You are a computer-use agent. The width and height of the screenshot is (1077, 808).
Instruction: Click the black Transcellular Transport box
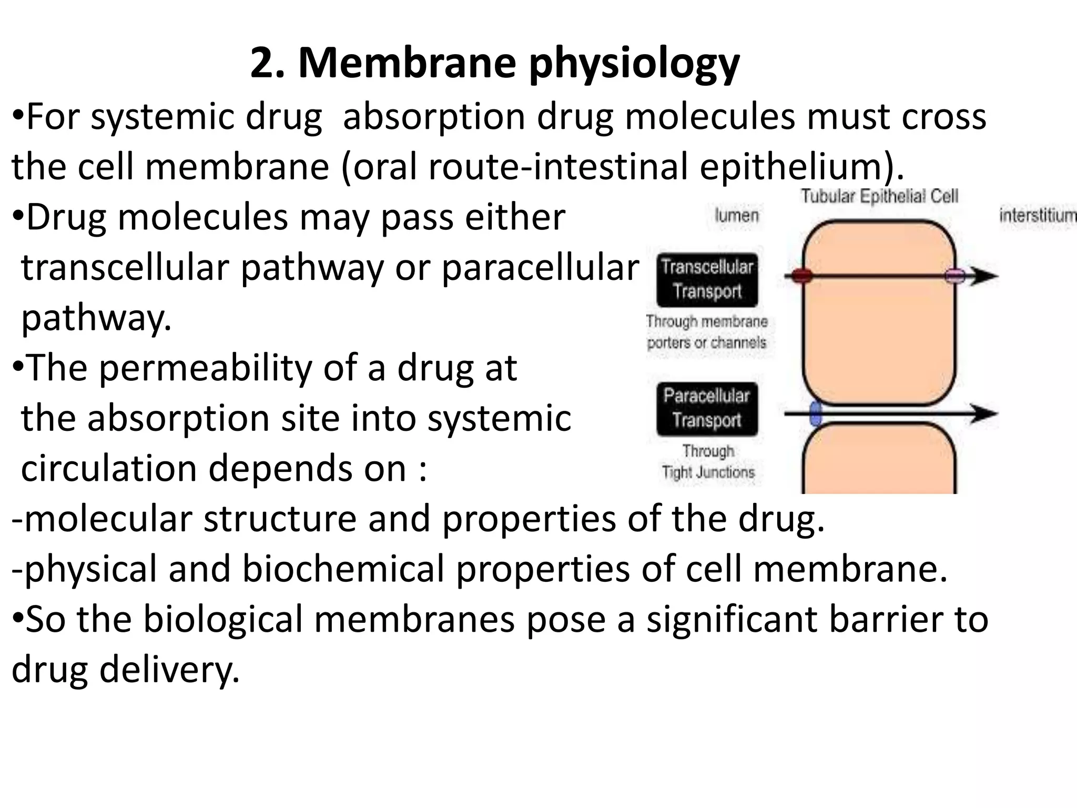tap(707, 279)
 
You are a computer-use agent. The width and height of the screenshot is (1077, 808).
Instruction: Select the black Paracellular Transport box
tap(707, 408)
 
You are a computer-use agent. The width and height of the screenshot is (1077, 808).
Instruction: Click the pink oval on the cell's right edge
tap(955, 276)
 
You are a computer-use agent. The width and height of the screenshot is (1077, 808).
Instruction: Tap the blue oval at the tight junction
tap(816, 413)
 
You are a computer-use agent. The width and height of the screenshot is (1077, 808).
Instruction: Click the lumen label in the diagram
tap(737, 215)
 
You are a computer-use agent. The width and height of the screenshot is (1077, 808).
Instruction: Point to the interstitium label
tap(1037, 215)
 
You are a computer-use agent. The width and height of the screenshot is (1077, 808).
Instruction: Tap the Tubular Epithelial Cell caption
tap(879, 196)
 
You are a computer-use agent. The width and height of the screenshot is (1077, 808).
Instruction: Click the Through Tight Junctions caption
tap(708, 462)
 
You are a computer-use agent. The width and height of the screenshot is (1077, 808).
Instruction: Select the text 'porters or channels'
tap(707, 343)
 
